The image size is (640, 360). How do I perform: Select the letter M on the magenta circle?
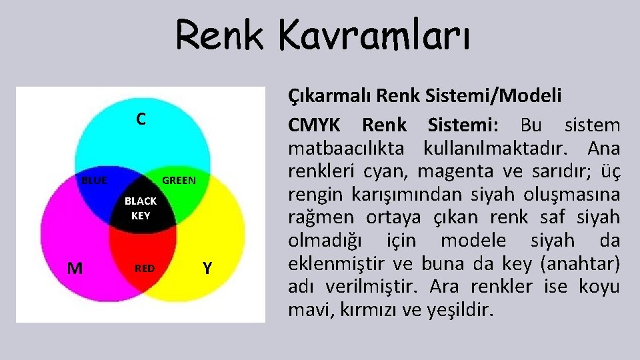[x=75, y=268]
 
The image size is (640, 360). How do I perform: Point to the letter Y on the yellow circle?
[x=207, y=268]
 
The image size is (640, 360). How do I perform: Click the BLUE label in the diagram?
[x=94, y=180]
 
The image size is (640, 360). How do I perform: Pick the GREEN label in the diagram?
[x=179, y=180]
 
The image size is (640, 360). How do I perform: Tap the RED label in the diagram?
[x=145, y=268]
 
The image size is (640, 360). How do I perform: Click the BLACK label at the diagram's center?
[x=141, y=201]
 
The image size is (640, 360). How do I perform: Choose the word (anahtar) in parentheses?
[x=581, y=263]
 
